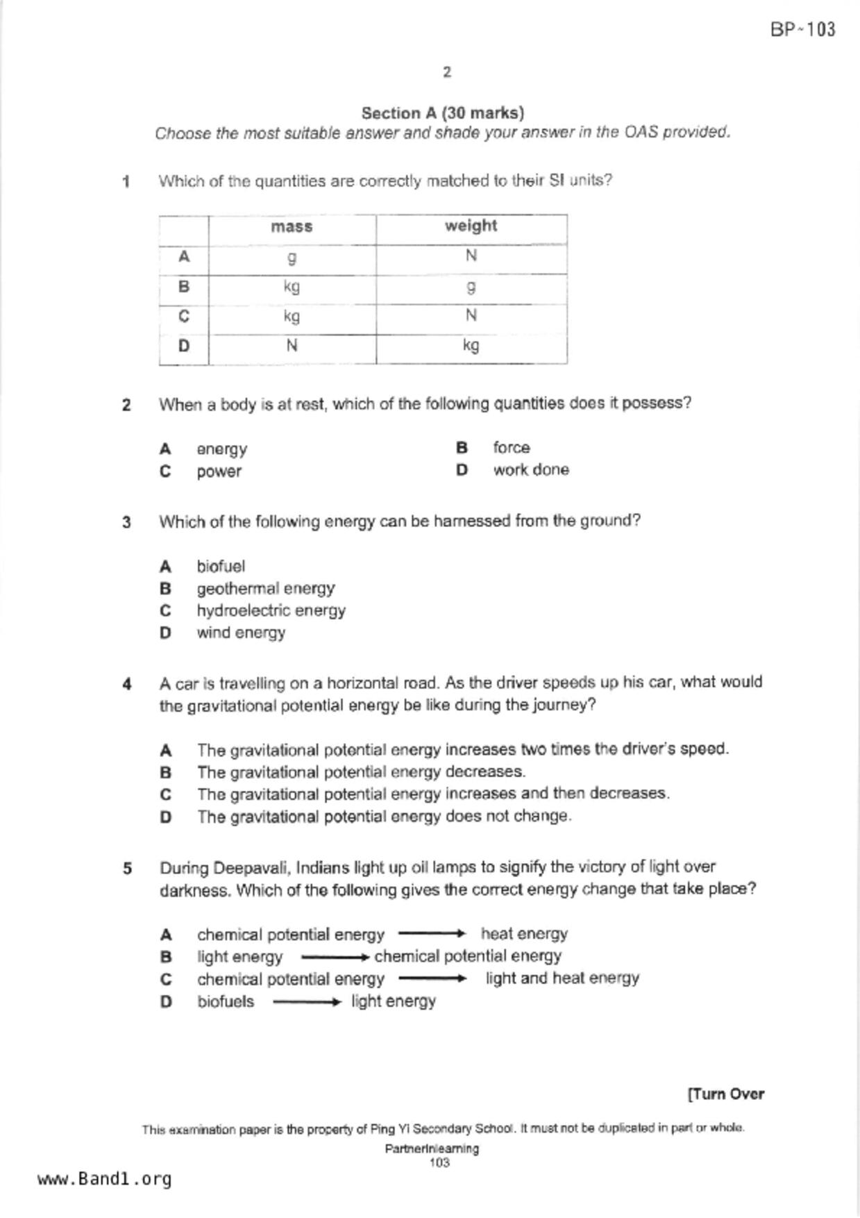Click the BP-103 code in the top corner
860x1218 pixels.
[x=802, y=29]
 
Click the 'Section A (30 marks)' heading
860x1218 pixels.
[x=443, y=112]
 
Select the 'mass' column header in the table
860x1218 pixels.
[x=292, y=227]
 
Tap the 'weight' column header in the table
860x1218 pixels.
[x=471, y=226]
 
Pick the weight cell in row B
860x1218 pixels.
[x=471, y=287]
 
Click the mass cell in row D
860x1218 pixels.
[x=292, y=346]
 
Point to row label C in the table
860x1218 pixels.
[x=184, y=317]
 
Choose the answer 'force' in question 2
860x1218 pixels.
[x=512, y=448]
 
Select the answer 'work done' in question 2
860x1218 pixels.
[x=531, y=470]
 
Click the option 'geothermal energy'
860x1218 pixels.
[x=265, y=589]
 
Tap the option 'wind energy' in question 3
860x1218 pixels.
[x=241, y=633]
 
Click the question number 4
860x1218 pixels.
[x=127, y=684]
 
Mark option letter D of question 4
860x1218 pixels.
[x=165, y=817]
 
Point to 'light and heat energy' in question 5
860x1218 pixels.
[x=562, y=978]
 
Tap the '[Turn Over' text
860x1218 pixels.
[x=725, y=1094]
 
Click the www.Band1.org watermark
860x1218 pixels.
[x=105, y=1179]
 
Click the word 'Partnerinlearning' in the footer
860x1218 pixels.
[x=432, y=1149]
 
